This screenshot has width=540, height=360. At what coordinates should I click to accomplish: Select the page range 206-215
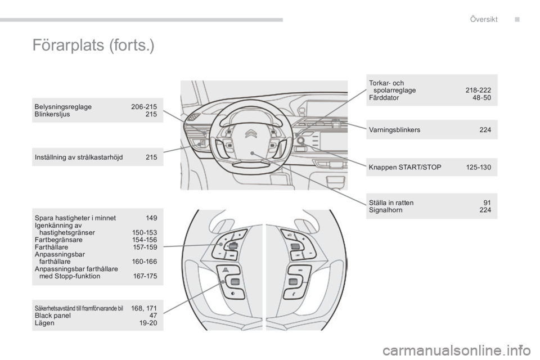pyautogui.click(x=144, y=106)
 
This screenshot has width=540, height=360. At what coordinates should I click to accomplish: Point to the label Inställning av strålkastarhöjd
pyautogui.click(x=79, y=157)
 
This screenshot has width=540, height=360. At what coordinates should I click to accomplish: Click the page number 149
pyautogui.click(x=151, y=218)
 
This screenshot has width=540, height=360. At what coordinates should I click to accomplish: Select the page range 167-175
pyautogui.click(x=145, y=276)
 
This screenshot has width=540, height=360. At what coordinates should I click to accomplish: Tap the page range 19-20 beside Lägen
pyautogui.click(x=148, y=323)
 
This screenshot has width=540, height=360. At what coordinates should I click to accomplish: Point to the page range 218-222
pyautogui.click(x=478, y=90)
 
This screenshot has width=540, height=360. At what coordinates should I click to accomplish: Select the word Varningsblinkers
pyautogui.click(x=394, y=130)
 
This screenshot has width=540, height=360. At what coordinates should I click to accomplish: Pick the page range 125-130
pyautogui.click(x=478, y=168)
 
